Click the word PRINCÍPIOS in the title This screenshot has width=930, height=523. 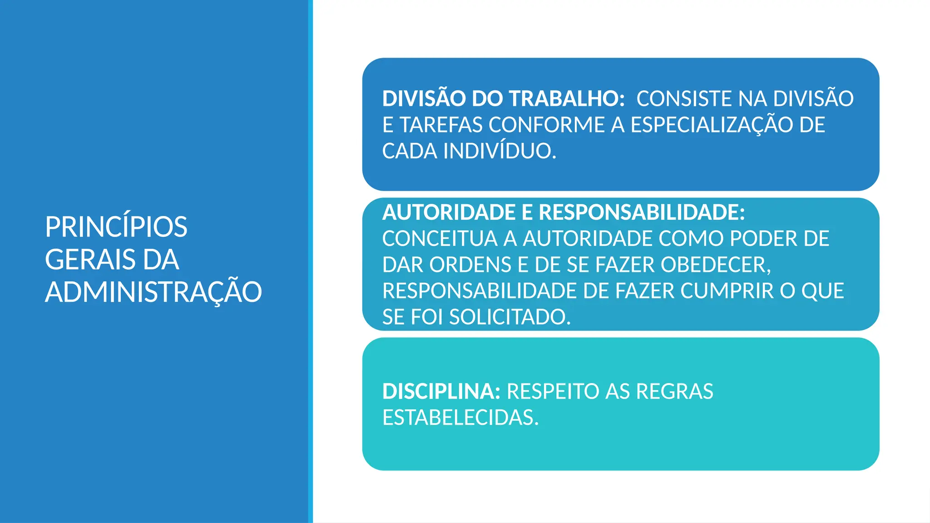tap(116, 227)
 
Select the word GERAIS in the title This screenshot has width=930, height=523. tap(90, 260)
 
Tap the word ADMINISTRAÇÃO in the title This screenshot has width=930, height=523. tap(153, 292)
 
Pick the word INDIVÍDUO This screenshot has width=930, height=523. tap(500, 152)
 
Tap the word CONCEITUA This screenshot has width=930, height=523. tap(440, 239)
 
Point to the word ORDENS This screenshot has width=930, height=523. tap(470, 265)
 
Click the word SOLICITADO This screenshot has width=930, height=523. tap(510, 317)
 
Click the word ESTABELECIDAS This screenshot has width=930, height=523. tap(460, 418)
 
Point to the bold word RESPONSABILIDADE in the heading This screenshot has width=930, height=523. tap(642, 212)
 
